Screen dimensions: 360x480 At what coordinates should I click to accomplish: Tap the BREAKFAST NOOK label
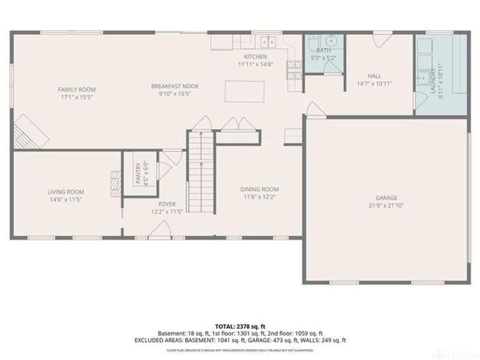175,86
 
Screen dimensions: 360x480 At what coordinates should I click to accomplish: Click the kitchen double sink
267,42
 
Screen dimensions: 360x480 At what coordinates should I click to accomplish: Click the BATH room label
323,51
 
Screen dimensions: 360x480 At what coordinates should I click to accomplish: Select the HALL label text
374,76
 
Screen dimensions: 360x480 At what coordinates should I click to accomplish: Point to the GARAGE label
387,198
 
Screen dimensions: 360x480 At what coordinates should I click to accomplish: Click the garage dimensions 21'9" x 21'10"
387,206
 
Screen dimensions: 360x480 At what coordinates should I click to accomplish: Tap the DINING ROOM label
260,189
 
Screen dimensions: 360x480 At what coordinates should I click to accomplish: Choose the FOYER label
167,205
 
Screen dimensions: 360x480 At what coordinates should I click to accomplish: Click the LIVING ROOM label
65,192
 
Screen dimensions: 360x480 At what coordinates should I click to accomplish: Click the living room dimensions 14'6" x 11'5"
65,199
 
